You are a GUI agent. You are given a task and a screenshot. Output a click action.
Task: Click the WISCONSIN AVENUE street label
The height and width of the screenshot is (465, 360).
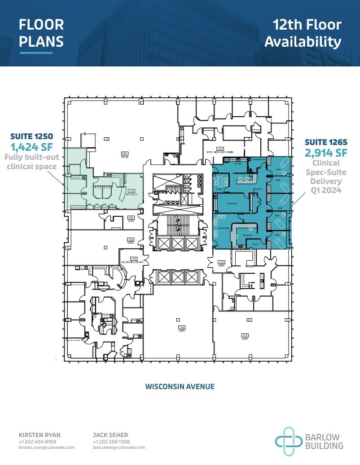pos(180,386)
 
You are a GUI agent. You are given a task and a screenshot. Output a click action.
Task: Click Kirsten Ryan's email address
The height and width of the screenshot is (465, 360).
pos(47,447)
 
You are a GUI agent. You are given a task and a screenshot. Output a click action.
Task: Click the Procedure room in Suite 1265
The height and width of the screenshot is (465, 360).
pos(232,203)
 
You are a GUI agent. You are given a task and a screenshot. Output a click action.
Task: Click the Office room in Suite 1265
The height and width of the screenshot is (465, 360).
pos(219,189)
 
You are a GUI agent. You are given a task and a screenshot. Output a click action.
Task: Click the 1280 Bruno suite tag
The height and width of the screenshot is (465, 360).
pos(125,155)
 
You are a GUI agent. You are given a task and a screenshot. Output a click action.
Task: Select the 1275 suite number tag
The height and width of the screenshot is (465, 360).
pos(220,149)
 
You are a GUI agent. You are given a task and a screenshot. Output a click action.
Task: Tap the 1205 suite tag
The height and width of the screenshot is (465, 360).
pos(182,328)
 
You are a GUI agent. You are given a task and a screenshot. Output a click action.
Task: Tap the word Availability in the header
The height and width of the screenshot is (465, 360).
pos(303,42)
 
